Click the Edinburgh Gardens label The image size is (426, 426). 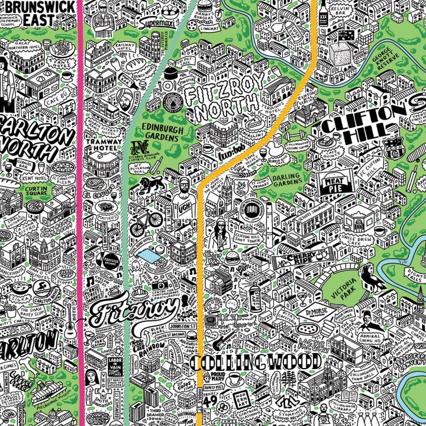pyautogui.click(x=159, y=133)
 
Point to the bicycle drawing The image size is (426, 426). pyautogui.click(x=146, y=223)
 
